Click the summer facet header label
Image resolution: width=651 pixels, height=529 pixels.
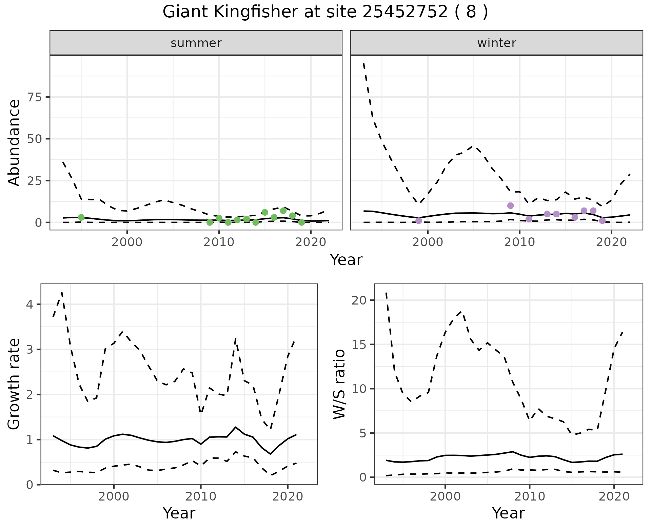pyautogui.click(x=196, y=43)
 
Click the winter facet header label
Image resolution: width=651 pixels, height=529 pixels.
pyautogui.click(x=496, y=43)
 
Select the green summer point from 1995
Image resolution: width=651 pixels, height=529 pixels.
pyautogui.click(x=81, y=217)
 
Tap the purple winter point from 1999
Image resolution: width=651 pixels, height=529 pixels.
pyautogui.click(x=419, y=221)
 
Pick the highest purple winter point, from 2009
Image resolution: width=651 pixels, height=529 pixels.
pyautogui.click(x=511, y=205)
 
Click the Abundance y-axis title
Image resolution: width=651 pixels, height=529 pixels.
pyautogui.click(x=14, y=142)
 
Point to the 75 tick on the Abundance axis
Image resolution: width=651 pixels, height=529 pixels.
pyautogui.click(x=34, y=97)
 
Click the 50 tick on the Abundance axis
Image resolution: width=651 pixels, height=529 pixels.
pyautogui.click(x=34, y=139)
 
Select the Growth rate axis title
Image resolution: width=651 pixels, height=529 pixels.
pyautogui.click(x=14, y=384)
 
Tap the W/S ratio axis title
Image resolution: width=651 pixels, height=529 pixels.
pyautogui.click(x=339, y=384)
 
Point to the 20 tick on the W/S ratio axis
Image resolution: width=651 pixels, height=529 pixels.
pyautogui.click(x=359, y=300)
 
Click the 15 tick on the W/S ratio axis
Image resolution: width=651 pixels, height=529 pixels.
pyautogui.click(x=359, y=345)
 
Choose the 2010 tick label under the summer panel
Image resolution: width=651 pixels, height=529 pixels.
pyautogui.click(x=219, y=242)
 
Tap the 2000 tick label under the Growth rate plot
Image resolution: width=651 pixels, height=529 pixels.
pyautogui.click(x=114, y=497)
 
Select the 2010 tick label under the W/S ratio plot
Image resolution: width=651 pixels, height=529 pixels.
pyautogui.click(x=529, y=497)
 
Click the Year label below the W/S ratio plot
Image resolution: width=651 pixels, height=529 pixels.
pyautogui.click(x=508, y=513)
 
